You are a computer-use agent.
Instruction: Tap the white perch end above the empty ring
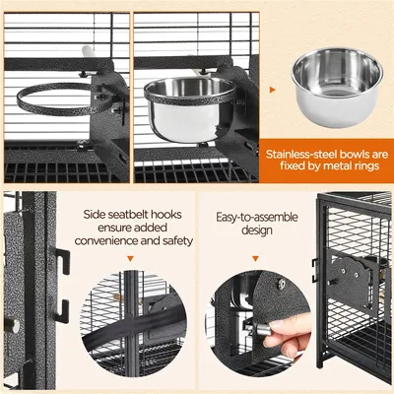(x=86, y=49)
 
